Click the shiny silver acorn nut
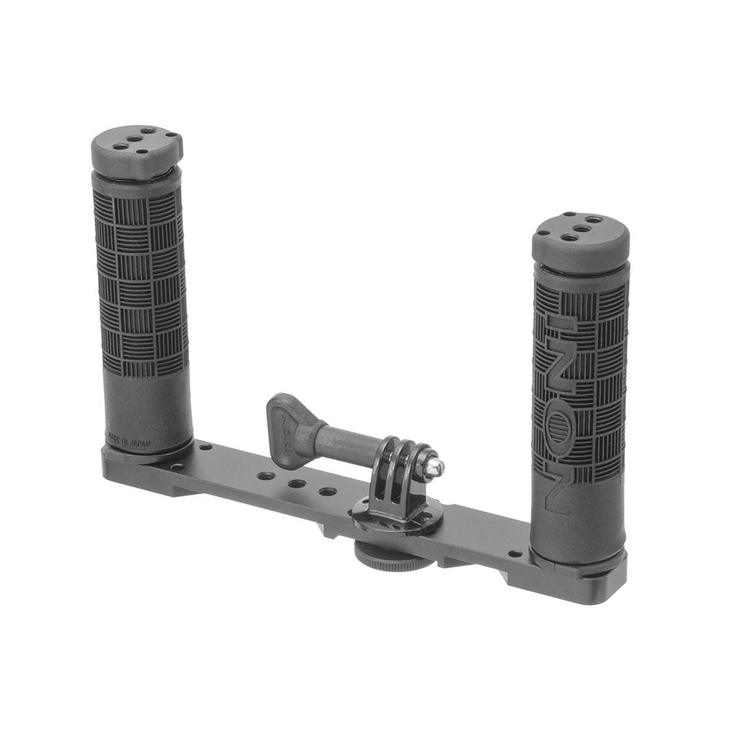click(434, 464)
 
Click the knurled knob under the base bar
click(382, 556)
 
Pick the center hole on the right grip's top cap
click(580, 227)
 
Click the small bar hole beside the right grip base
click(514, 553)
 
